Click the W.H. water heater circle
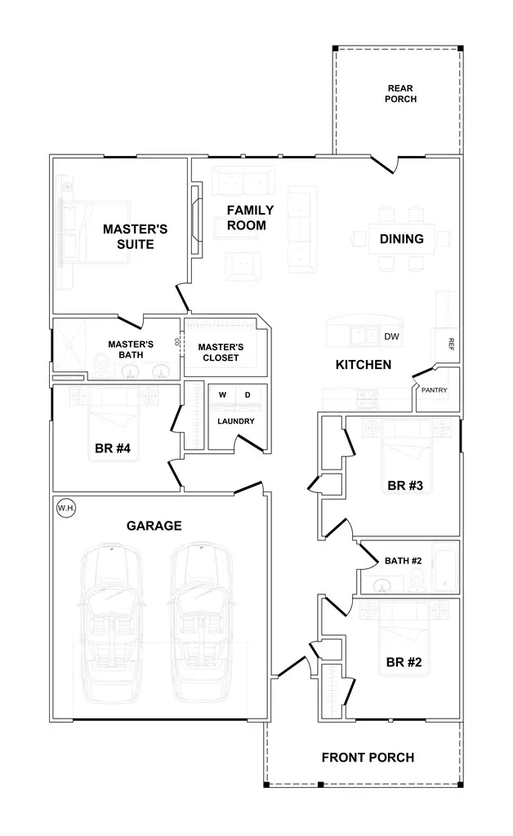[x=66, y=509]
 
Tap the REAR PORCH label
[x=401, y=94]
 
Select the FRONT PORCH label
[x=368, y=758]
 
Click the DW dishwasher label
[x=391, y=336]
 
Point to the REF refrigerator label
[x=450, y=344]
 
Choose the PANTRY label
[x=434, y=390]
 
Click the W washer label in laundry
[x=221, y=395]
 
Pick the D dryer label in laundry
[x=248, y=395]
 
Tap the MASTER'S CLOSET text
[x=220, y=353]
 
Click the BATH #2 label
[x=403, y=561]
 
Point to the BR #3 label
[x=404, y=487]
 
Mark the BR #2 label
[x=403, y=662]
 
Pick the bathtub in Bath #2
[x=445, y=566]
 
